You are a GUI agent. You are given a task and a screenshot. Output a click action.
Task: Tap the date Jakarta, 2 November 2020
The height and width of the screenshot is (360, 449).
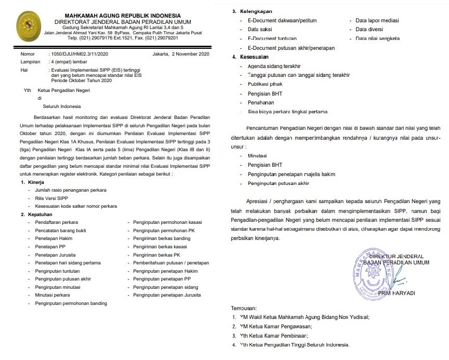click(x=180, y=55)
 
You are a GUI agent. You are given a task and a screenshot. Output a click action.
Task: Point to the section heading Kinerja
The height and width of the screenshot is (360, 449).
click(x=36, y=183)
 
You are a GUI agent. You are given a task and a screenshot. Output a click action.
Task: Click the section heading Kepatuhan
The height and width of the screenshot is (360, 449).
click(x=39, y=214)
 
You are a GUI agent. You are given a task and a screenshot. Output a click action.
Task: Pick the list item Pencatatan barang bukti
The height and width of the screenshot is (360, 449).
click(x=60, y=230)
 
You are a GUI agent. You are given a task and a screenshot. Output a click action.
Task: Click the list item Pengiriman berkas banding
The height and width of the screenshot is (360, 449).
click(x=162, y=238)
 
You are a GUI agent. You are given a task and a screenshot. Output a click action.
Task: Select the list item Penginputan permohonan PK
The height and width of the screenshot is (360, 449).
click(x=164, y=230)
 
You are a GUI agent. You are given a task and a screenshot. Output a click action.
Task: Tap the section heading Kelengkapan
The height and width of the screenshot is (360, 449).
click(x=255, y=11)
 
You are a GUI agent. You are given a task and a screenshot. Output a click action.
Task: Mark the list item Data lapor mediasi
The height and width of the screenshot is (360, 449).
click(x=377, y=20)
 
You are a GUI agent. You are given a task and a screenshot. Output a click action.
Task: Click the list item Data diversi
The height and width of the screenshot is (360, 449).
click(x=370, y=30)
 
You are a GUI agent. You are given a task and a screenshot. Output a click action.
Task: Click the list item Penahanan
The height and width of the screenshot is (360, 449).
click(x=261, y=103)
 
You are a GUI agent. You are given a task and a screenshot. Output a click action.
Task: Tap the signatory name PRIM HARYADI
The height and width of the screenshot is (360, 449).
click(x=397, y=293)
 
